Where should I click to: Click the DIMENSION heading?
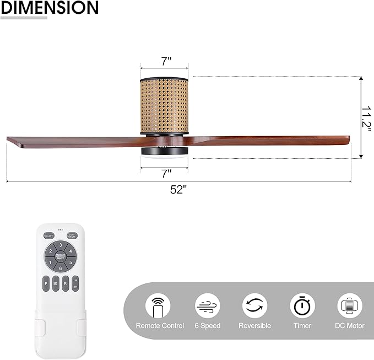pyautogui.click(x=50, y=8)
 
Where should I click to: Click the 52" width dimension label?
pyautogui.click(x=178, y=190)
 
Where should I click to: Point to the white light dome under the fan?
pyautogui.click(x=164, y=158)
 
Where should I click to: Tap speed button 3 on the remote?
pyautogui.click(x=61, y=245)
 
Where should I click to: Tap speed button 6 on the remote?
pyautogui.click(x=61, y=268)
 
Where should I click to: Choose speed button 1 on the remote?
pyautogui.click(x=51, y=263)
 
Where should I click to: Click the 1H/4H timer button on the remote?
pyautogui.click(x=75, y=284)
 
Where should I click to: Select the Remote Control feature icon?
pyautogui.click(x=158, y=305)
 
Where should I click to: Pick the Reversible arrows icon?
pyautogui.click(x=254, y=305)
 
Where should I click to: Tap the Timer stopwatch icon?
pyautogui.click(x=302, y=305)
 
